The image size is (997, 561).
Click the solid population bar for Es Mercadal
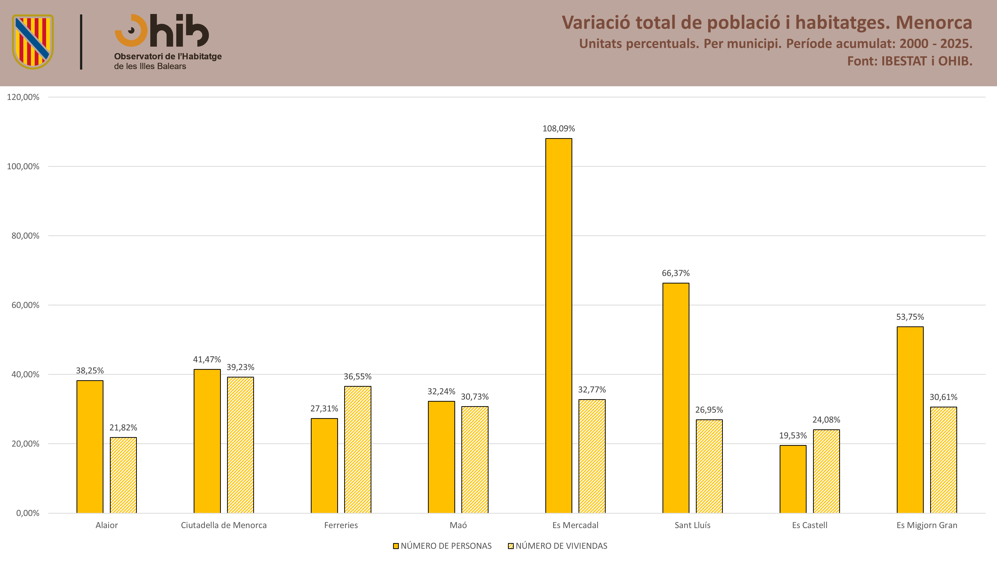(559, 326)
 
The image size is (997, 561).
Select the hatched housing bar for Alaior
(123, 475)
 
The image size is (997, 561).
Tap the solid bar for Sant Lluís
(676, 398)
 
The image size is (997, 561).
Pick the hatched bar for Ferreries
(358, 450)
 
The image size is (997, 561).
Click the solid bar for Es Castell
(793, 479)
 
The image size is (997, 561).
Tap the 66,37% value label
(676, 273)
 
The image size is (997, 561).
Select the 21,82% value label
(123, 427)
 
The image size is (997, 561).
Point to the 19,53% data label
(793, 436)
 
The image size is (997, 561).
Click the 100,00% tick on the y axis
(23, 167)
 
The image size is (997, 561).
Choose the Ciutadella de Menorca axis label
(224, 525)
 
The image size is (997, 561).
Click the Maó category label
(458, 525)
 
